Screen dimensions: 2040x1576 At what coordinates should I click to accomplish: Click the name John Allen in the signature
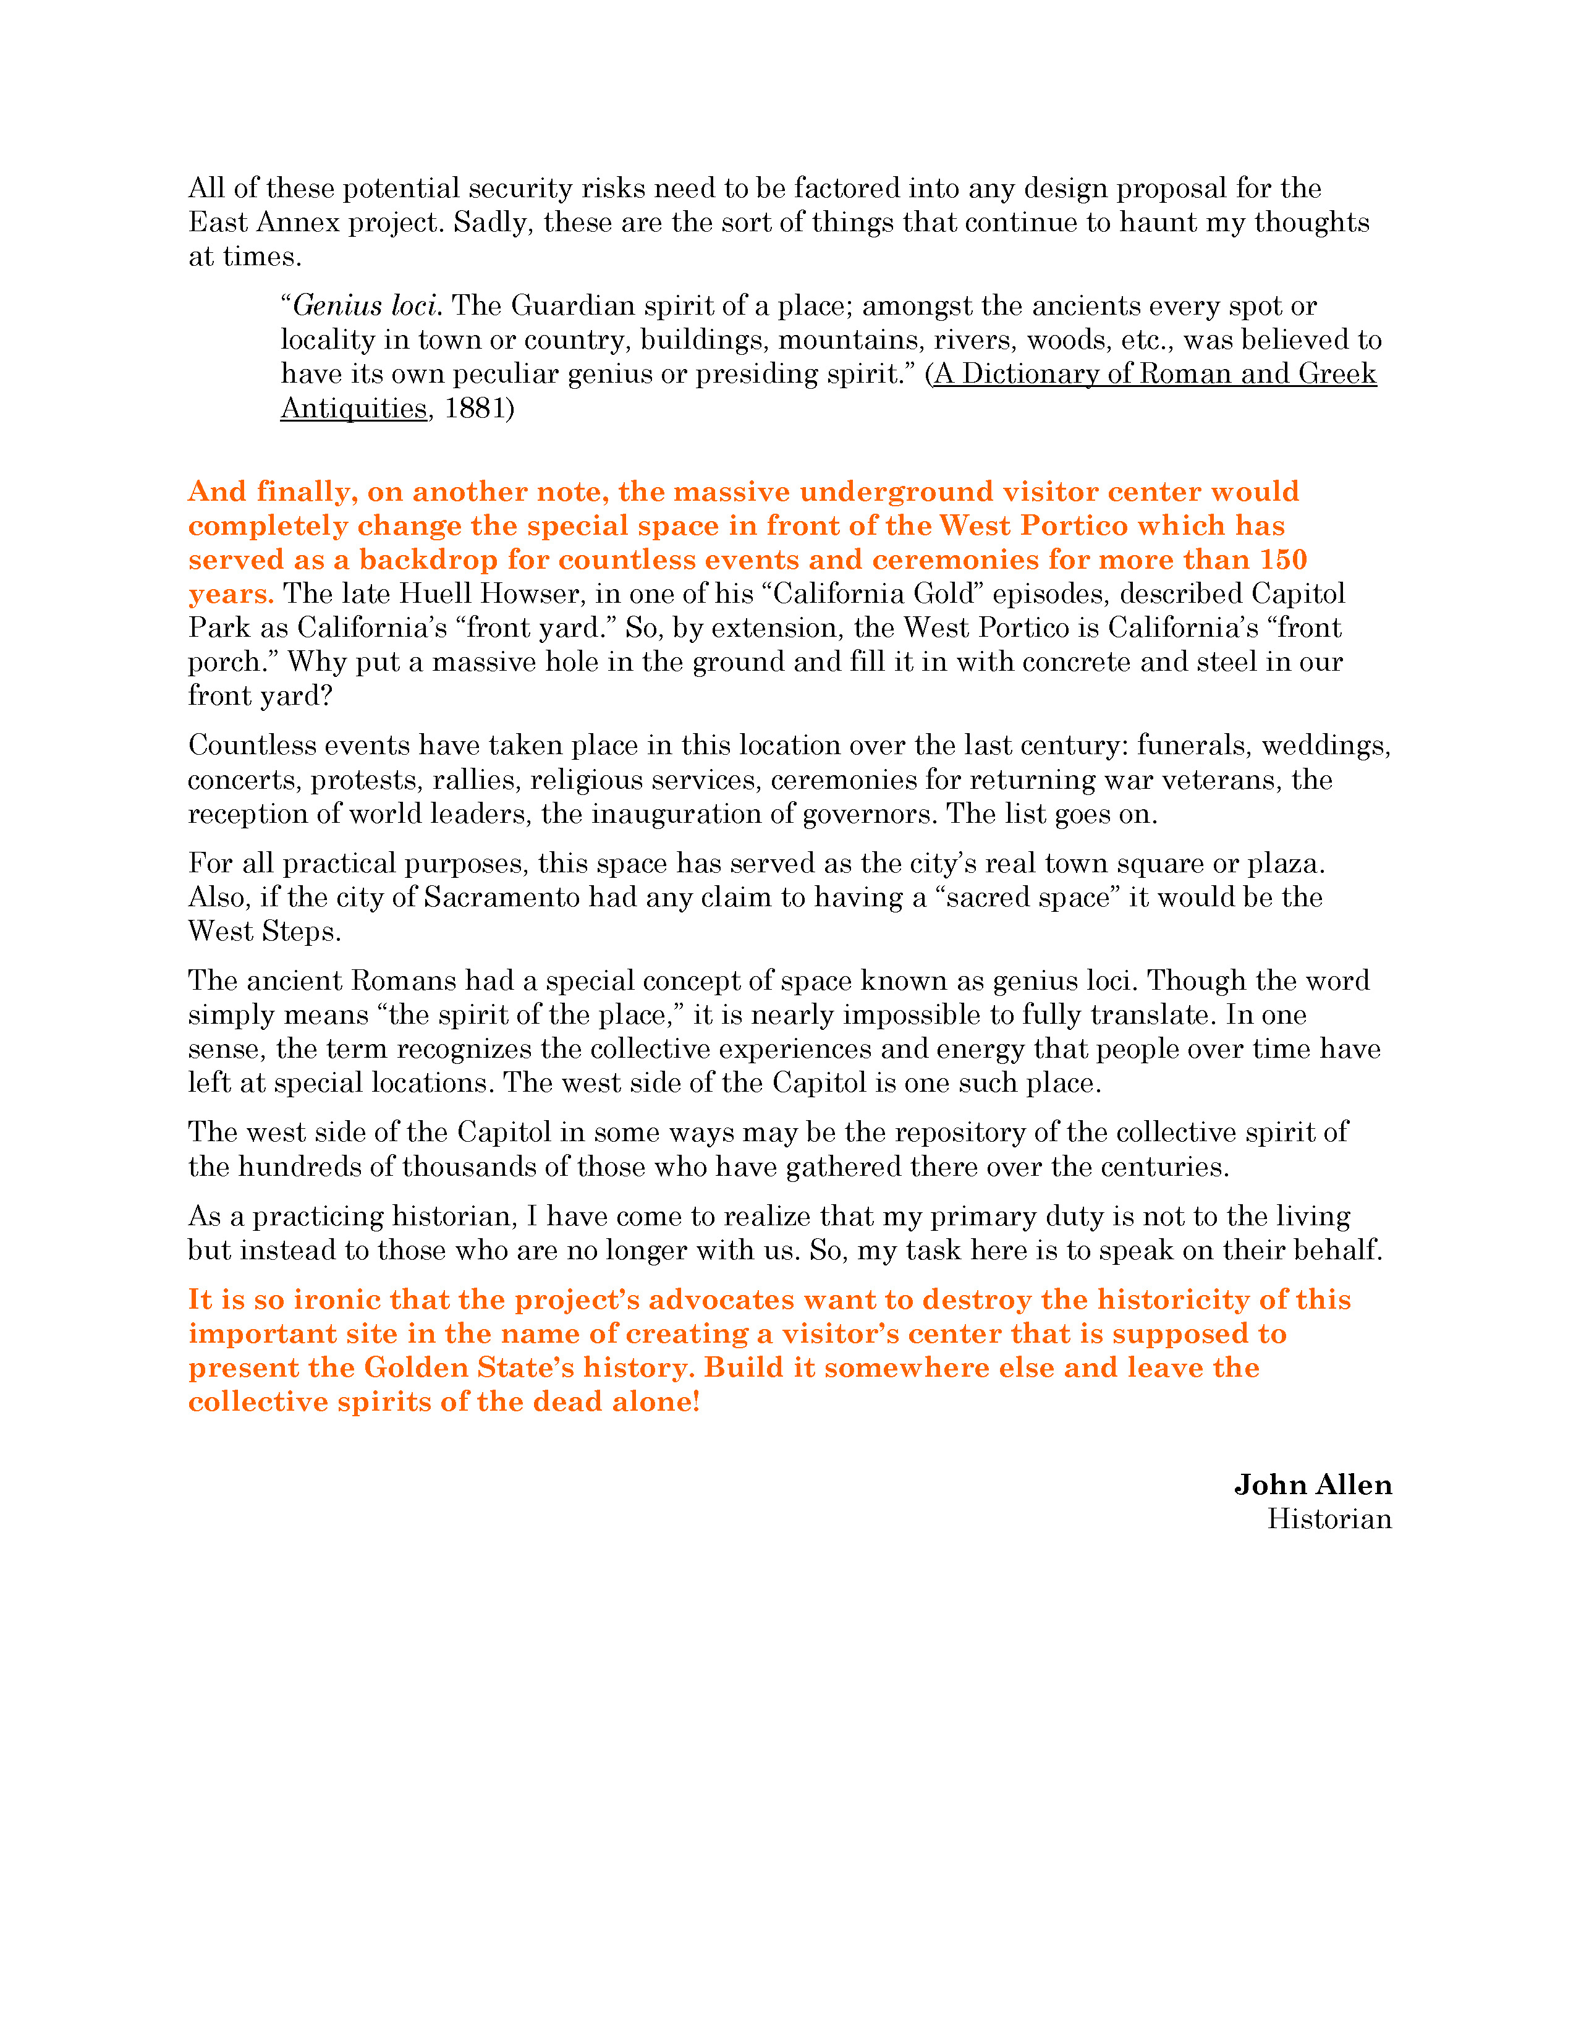pos(1313,1484)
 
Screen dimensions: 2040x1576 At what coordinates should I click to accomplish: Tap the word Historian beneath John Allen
pos(1329,1519)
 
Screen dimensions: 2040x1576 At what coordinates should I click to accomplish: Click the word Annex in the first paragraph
pos(297,223)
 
